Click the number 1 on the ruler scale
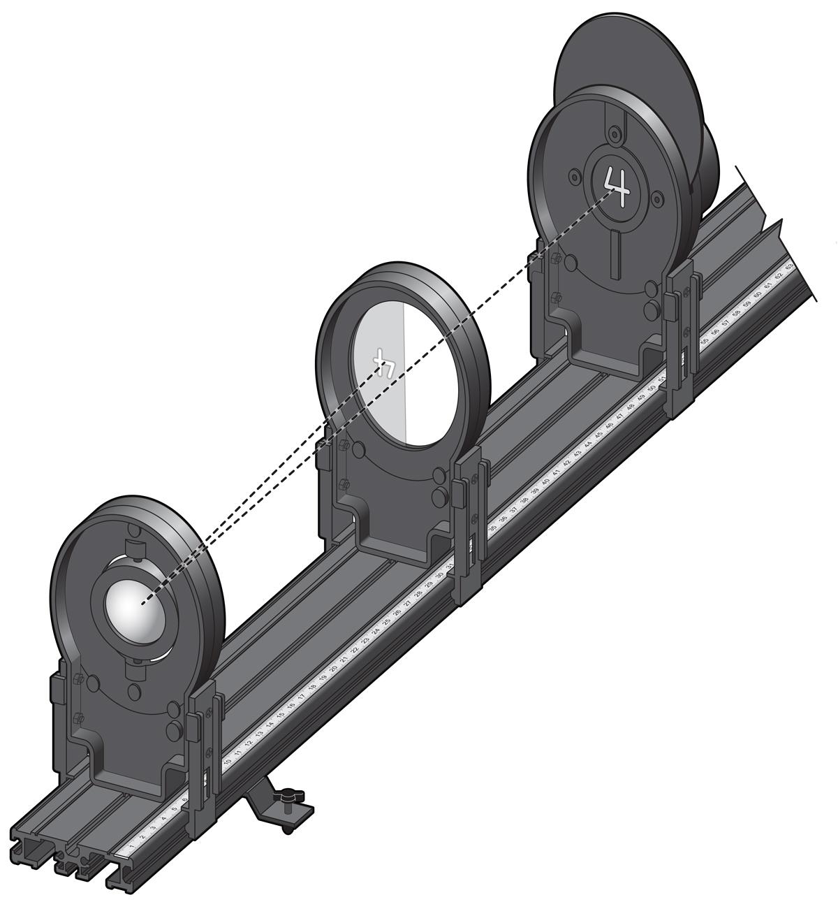[131, 847]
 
